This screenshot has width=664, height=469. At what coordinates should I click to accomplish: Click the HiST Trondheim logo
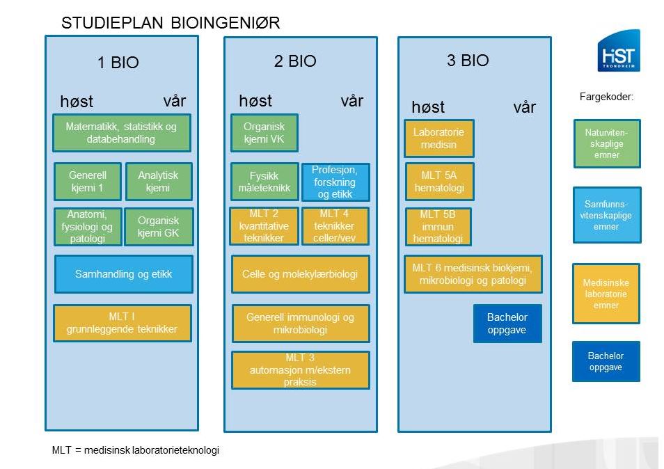pyautogui.click(x=619, y=50)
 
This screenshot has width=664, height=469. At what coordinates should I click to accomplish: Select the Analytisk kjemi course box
pyautogui.click(x=159, y=182)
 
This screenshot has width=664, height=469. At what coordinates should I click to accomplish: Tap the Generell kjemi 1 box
pyautogui.click(x=88, y=182)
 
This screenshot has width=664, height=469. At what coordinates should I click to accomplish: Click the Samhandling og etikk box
pyautogui.click(x=124, y=274)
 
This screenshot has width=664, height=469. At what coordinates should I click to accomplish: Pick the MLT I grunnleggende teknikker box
pyautogui.click(x=122, y=323)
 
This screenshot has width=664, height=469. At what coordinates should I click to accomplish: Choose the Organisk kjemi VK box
pyautogui.click(x=264, y=132)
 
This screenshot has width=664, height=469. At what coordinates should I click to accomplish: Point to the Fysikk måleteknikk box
pyautogui.click(x=264, y=182)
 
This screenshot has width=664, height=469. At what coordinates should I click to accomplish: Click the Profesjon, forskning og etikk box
pyautogui.click(x=335, y=182)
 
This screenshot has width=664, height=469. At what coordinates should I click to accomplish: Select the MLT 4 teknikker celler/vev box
pyautogui.click(x=335, y=226)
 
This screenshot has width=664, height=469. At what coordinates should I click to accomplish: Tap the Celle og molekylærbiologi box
pyautogui.click(x=300, y=274)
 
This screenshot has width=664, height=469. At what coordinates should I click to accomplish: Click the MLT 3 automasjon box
pyautogui.click(x=300, y=370)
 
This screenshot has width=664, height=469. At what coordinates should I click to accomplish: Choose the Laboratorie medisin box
pyautogui.click(x=438, y=138)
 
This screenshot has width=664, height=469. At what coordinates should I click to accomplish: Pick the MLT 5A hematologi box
pyautogui.click(x=440, y=182)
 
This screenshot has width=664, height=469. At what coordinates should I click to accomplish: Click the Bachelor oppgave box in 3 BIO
pyautogui.click(x=507, y=324)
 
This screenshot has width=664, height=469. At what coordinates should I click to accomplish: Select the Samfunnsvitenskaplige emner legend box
pyautogui.click(x=607, y=215)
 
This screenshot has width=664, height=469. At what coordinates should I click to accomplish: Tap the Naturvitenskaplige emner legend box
pyautogui.click(x=607, y=143)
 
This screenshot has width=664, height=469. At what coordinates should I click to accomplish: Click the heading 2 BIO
pyautogui.click(x=295, y=61)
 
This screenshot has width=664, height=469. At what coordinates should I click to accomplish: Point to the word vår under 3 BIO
pyautogui.click(x=524, y=107)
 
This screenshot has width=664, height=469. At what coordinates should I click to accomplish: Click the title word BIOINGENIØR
pyautogui.click(x=226, y=23)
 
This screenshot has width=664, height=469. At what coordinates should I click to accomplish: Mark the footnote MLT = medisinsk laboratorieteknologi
pyautogui.click(x=136, y=450)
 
